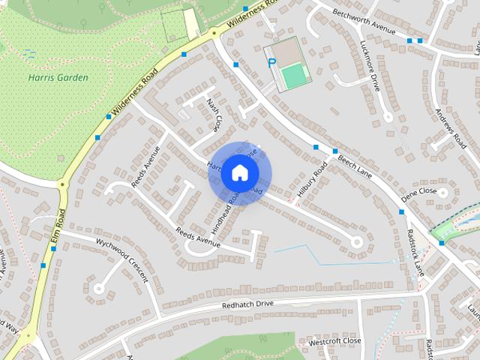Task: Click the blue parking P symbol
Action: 271,64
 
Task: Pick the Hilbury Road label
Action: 312,181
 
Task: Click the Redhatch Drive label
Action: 248,304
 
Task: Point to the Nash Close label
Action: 214,114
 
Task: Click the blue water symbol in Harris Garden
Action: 29,54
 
